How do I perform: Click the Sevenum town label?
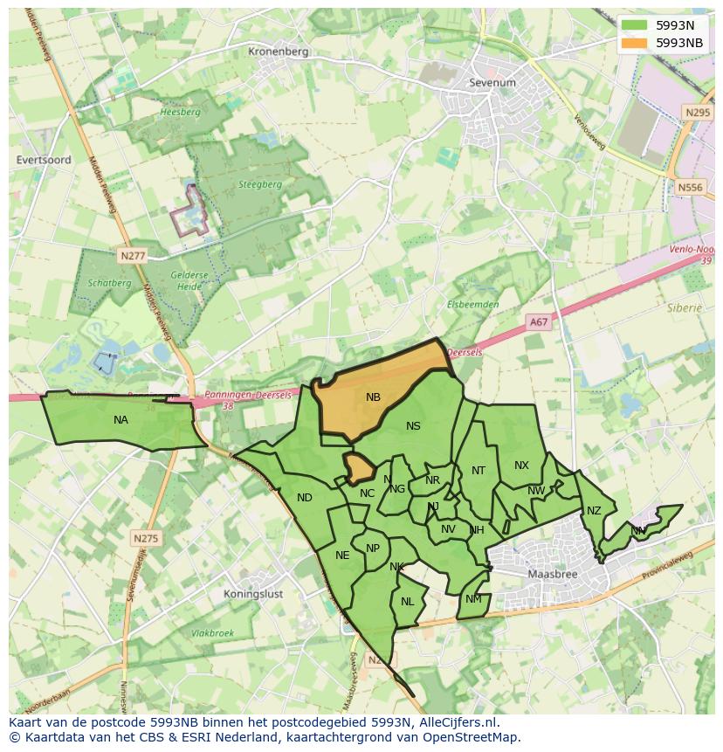click(492, 83)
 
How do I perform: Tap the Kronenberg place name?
click(279, 52)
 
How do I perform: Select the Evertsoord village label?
click(43, 160)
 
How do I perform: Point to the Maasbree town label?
click(552, 575)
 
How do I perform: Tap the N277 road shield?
click(130, 254)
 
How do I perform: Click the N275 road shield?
click(146, 538)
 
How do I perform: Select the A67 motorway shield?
click(539, 322)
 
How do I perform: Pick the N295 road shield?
click(697, 113)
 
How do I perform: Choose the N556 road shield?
click(690, 187)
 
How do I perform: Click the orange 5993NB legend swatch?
click(635, 42)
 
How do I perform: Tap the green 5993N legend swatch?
click(635, 25)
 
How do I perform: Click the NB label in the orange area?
click(373, 397)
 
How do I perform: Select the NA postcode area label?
click(120, 420)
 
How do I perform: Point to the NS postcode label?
click(413, 426)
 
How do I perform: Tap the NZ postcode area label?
click(594, 511)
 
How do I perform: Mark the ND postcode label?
click(304, 498)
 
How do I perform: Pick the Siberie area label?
click(685, 308)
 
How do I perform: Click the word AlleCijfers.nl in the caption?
click(458, 722)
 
